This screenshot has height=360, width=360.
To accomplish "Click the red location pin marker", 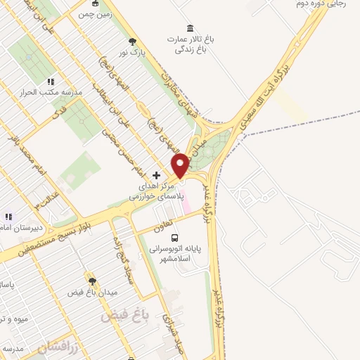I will [x=180, y=165].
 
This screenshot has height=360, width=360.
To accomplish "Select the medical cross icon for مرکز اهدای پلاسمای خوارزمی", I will [x=156, y=174].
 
